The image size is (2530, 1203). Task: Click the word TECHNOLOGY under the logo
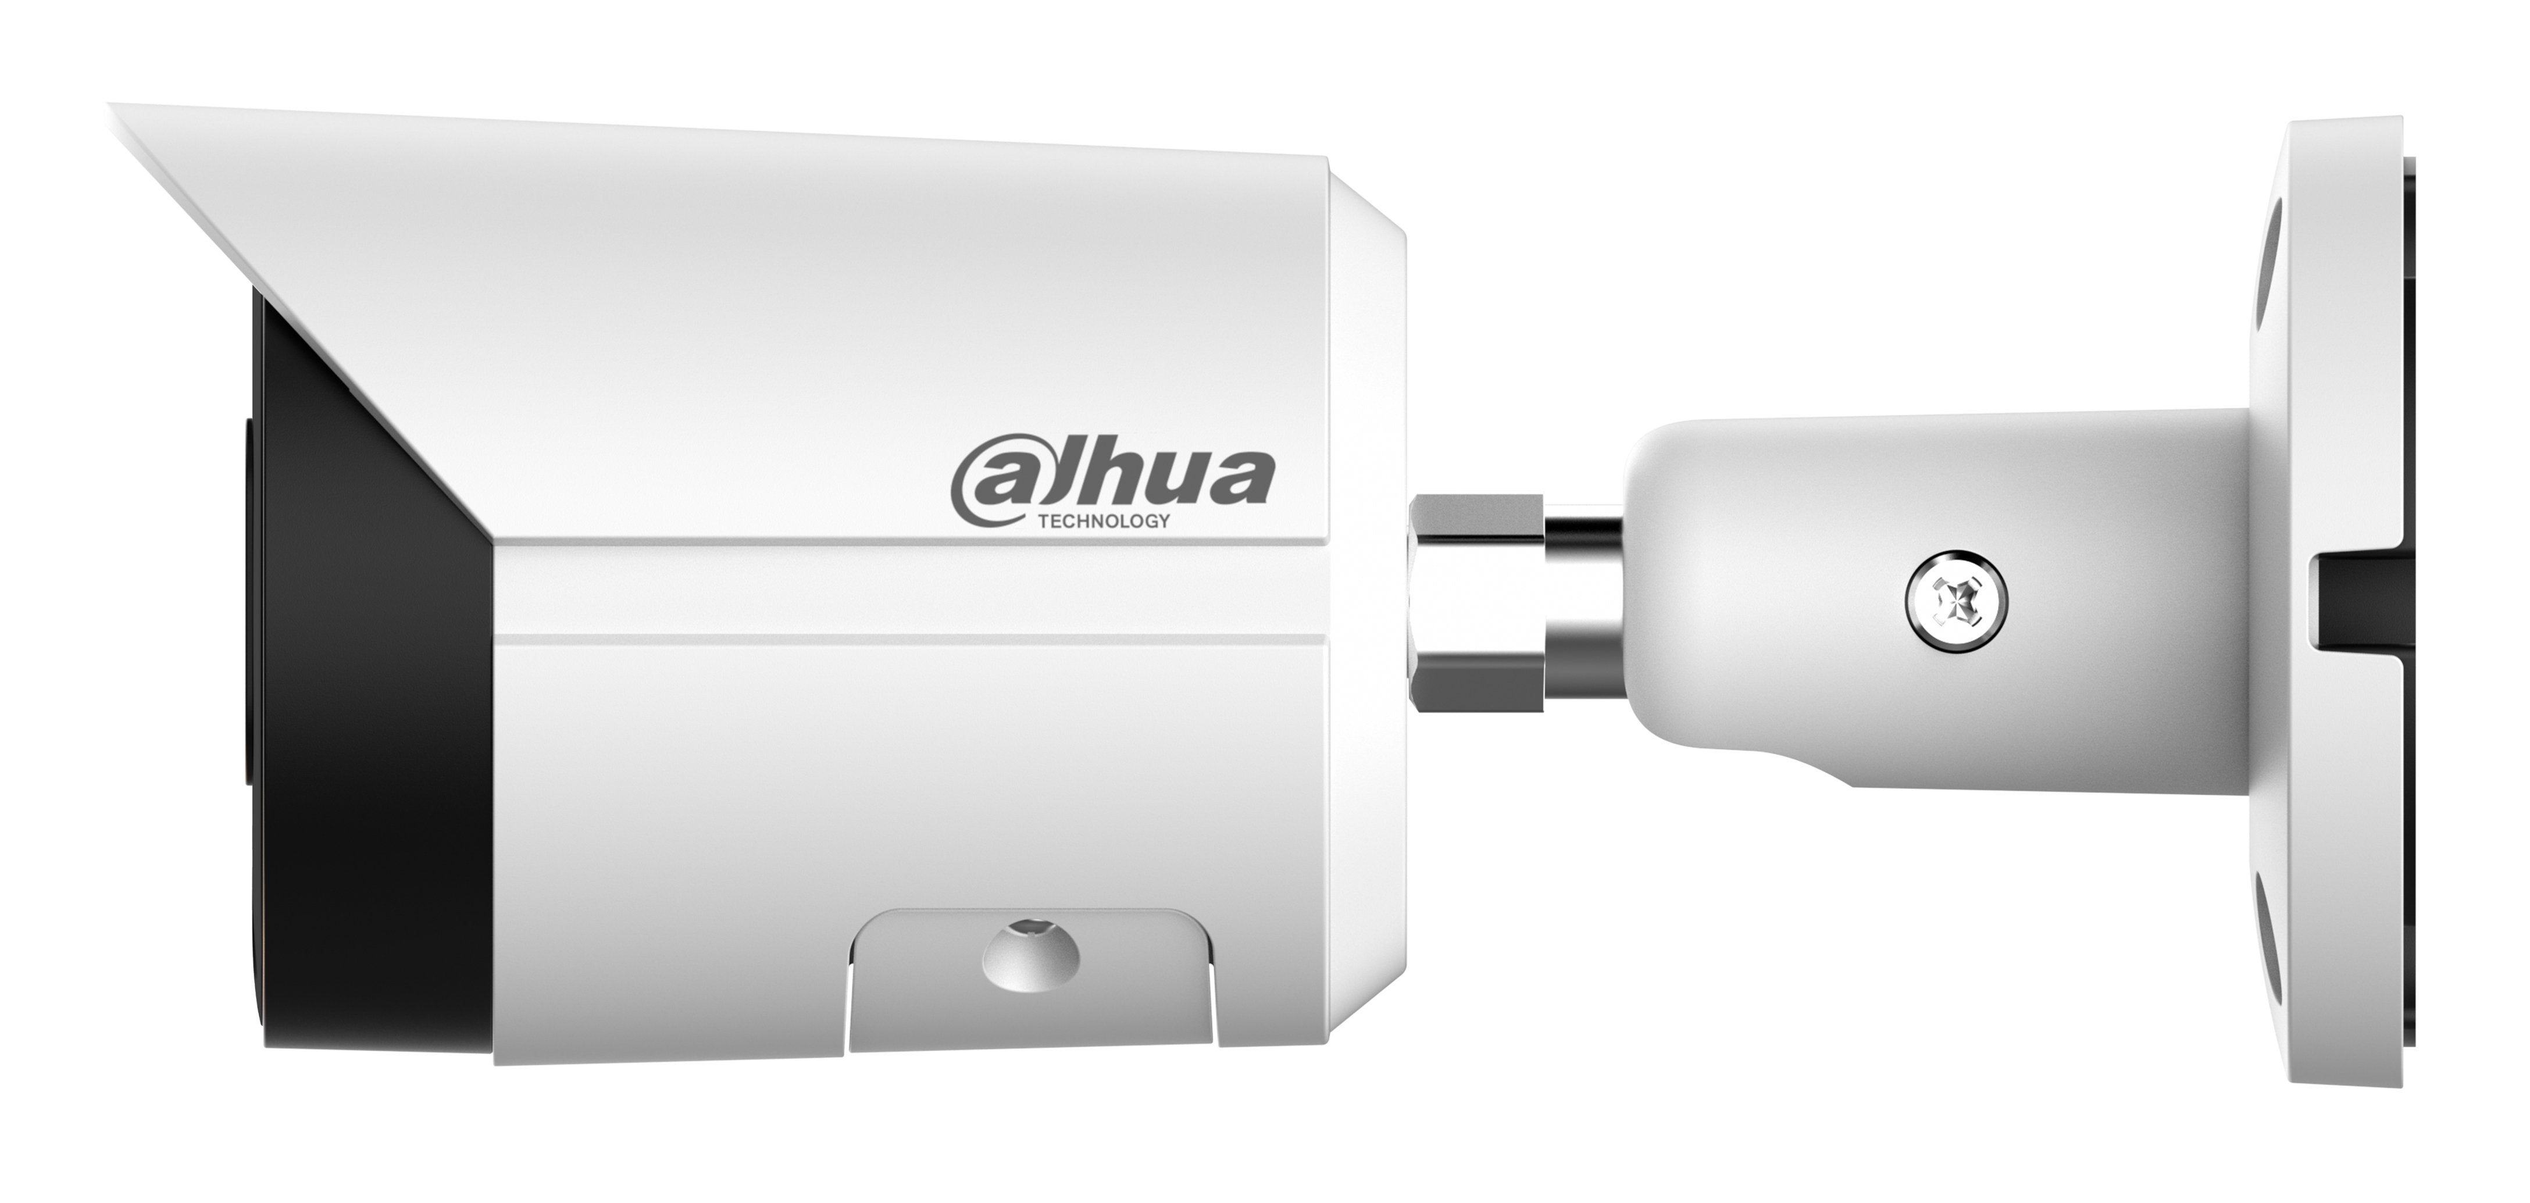click(x=1103, y=522)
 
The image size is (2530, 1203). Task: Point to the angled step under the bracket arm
click(x=1768, y=766)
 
